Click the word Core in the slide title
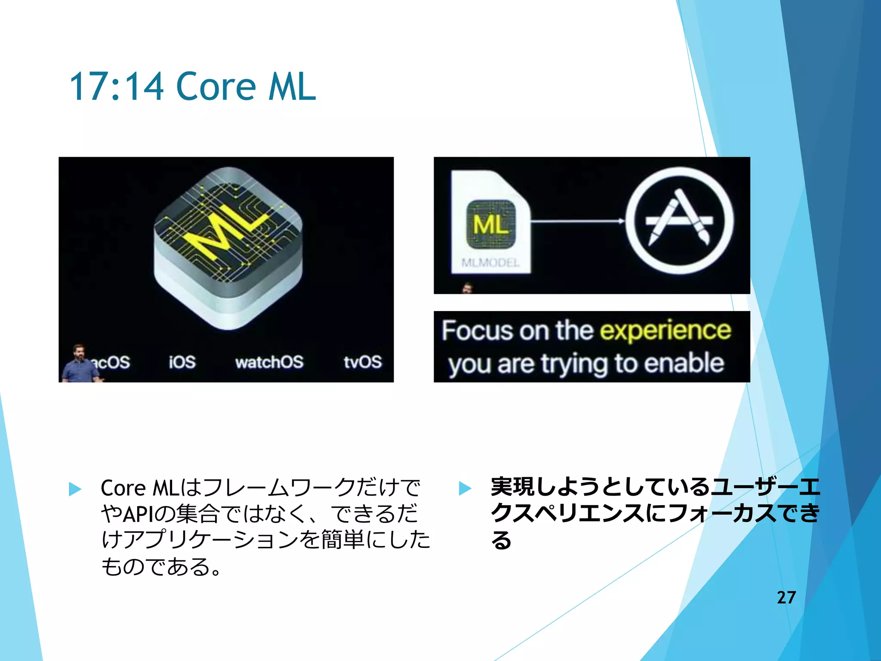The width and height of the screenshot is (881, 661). (x=216, y=86)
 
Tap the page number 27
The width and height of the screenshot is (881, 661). (x=786, y=597)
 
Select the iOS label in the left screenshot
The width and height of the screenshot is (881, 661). (x=182, y=362)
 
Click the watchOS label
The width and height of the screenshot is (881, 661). (x=269, y=362)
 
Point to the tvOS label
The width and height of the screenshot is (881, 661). (x=362, y=362)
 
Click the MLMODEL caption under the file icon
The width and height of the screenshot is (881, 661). (x=490, y=263)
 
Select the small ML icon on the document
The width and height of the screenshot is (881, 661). (x=491, y=224)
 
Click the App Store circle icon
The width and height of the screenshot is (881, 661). (x=679, y=221)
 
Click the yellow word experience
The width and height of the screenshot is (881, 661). (x=665, y=330)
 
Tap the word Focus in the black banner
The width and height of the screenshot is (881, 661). (x=477, y=330)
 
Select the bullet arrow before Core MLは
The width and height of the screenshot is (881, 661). (x=75, y=489)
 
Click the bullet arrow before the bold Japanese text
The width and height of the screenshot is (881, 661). (x=465, y=488)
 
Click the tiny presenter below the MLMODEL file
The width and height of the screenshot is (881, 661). (x=468, y=288)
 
